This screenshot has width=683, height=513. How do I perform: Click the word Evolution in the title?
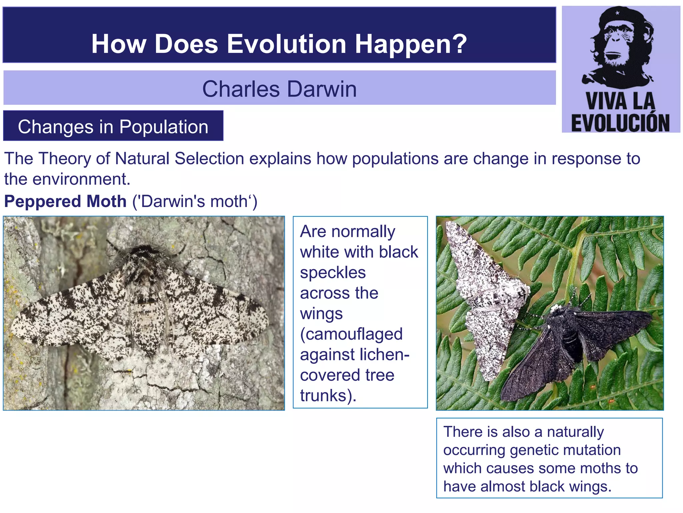tap(286, 44)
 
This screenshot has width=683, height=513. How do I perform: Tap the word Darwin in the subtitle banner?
tap(321, 89)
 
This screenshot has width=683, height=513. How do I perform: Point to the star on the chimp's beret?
tap(617, 13)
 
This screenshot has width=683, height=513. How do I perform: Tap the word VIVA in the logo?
tap(602, 102)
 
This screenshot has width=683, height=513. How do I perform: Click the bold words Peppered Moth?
tap(65, 201)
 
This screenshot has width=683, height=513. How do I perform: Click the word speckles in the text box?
tap(332, 273)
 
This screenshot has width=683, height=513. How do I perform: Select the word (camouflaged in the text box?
tap(351, 334)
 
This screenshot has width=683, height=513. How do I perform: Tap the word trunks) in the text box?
tap(328, 395)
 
